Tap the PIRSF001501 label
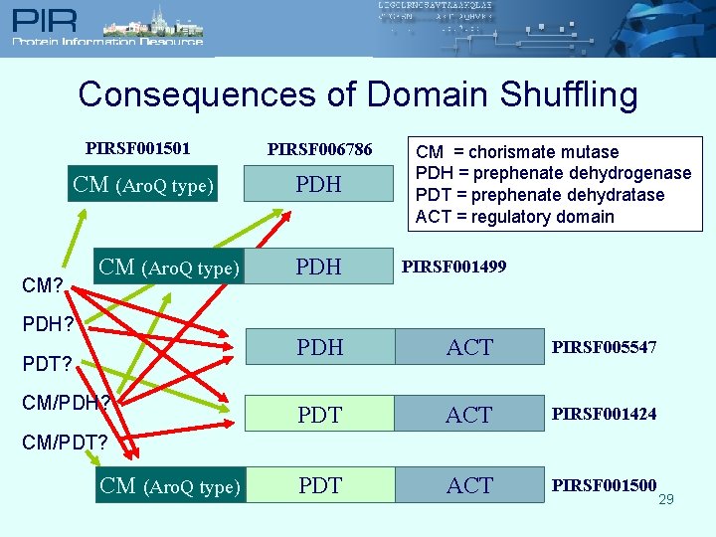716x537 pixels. pyautogui.click(x=138, y=149)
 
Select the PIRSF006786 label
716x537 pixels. pyautogui.click(x=319, y=150)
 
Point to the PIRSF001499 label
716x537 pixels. pyautogui.click(x=453, y=266)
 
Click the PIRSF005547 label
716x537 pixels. pyautogui.click(x=604, y=346)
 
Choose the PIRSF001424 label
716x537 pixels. pyautogui.click(x=604, y=414)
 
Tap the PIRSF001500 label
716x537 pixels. pyautogui.click(x=604, y=485)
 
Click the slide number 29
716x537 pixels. pyautogui.click(x=666, y=499)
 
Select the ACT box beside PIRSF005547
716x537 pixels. pyautogui.click(x=469, y=347)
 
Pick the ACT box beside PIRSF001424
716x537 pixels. pyautogui.click(x=469, y=415)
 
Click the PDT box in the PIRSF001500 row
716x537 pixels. pyautogui.click(x=319, y=485)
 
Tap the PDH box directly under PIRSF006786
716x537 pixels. pyautogui.click(x=319, y=184)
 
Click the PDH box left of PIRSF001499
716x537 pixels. pyautogui.click(x=319, y=267)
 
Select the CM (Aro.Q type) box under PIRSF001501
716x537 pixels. pyautogui.click(x=143, y=184)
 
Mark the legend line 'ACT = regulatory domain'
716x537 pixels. pyautogui.click(x=514, y=217)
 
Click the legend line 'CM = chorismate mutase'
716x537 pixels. pyautogui.click(x=516, y=152)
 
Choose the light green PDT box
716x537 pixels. pyautogui.click(x=319, y=415)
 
